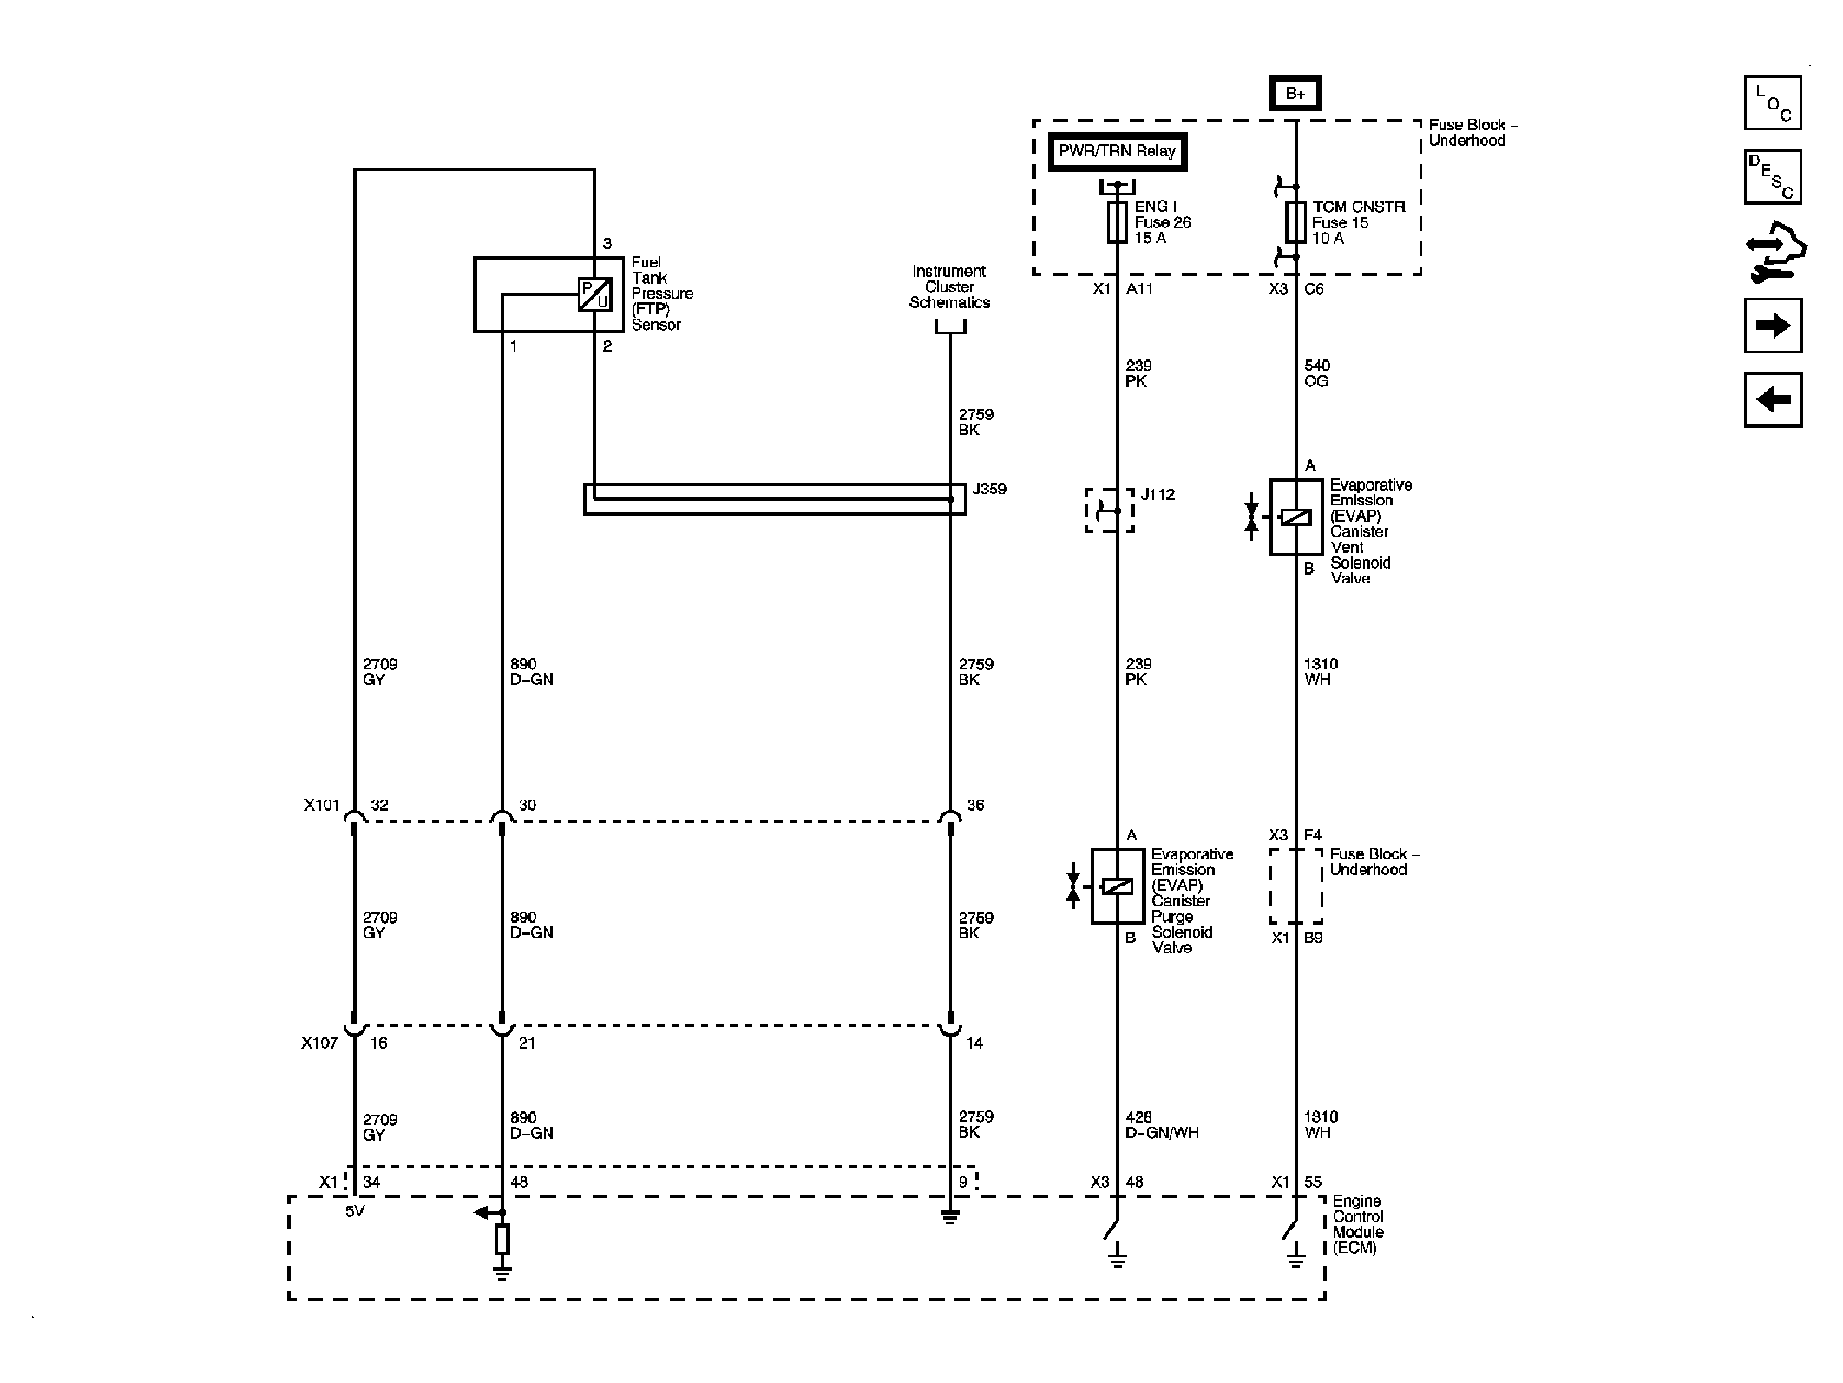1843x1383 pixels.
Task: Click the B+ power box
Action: point(1295,93)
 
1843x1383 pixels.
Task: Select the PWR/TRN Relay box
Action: point(1117,152)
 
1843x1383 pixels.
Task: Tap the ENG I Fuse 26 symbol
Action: point(1118,222)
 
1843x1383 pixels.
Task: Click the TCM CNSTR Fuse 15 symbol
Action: point(1295,222)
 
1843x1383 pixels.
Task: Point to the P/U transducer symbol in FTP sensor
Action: point(595,294)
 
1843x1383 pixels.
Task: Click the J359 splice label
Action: point(989,489)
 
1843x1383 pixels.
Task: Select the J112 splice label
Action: point(1158,495)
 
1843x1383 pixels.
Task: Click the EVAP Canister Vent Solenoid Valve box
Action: point(1295,517)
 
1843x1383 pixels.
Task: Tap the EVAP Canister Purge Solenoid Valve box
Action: point(1118,886)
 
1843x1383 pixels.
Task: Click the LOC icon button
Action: point(1773,102)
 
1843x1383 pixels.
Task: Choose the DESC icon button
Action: point(1773,177)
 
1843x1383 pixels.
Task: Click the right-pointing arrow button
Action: point(1773,326)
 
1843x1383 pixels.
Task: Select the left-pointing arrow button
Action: point(1773,399)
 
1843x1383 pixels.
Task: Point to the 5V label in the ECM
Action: point(355,1211)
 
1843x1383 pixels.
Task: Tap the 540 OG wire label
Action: point(1316,373)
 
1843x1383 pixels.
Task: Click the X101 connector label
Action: point(321,805)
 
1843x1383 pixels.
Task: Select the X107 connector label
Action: point(319,1043)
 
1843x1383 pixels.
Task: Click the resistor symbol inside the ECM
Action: point(502,1239)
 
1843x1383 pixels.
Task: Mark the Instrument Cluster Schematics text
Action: point(949,286)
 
